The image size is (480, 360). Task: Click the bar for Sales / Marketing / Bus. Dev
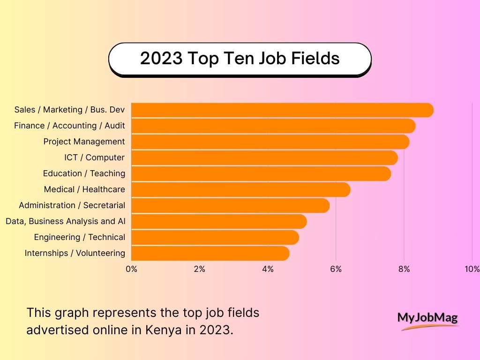281,110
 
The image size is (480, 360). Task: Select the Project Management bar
270,142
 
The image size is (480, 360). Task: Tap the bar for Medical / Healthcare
240,189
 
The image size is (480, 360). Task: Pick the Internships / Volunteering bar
210,253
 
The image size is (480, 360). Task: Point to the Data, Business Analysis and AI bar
218,221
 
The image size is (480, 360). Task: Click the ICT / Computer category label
94,157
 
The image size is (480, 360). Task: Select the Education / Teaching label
84,173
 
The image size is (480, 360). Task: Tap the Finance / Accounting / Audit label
69,126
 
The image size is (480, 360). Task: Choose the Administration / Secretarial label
72,205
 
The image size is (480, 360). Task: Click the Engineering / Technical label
79,237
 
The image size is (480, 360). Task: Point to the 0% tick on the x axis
131,269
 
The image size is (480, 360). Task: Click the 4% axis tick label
268,269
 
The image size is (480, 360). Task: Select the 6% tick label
336,269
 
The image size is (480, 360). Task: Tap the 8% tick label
404,269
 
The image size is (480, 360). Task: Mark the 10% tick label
472,269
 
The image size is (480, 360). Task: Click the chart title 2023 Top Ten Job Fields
240,59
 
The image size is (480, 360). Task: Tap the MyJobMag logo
427,319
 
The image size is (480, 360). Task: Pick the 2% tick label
199,269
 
